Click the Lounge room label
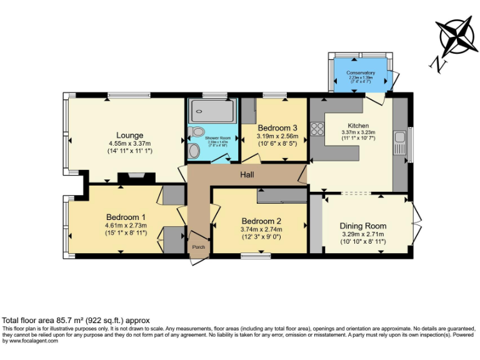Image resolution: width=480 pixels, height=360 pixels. click(129, 135)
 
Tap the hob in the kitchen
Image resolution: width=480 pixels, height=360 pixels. click(317, 129)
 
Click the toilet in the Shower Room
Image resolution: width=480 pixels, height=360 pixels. click(193, 150)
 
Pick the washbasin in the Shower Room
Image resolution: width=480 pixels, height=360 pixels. click(198, 132)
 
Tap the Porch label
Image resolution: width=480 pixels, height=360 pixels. click(198, 246)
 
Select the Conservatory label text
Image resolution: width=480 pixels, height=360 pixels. click(361, 73)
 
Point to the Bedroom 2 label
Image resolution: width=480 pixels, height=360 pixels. click(261, 221)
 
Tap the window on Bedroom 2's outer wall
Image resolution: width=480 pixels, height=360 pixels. click(251, 255)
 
